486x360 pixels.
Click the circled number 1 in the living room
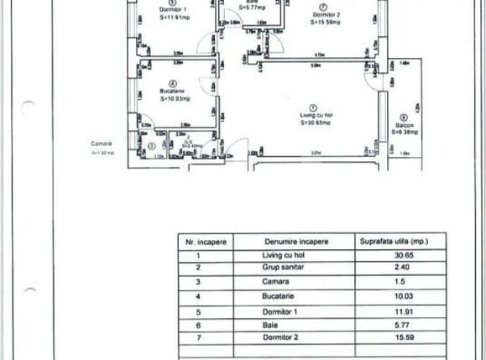point(312,107)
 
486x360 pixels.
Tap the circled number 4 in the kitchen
point(171,83)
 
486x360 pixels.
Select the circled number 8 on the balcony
point(403,117)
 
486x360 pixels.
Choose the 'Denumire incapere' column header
point(295,242)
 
